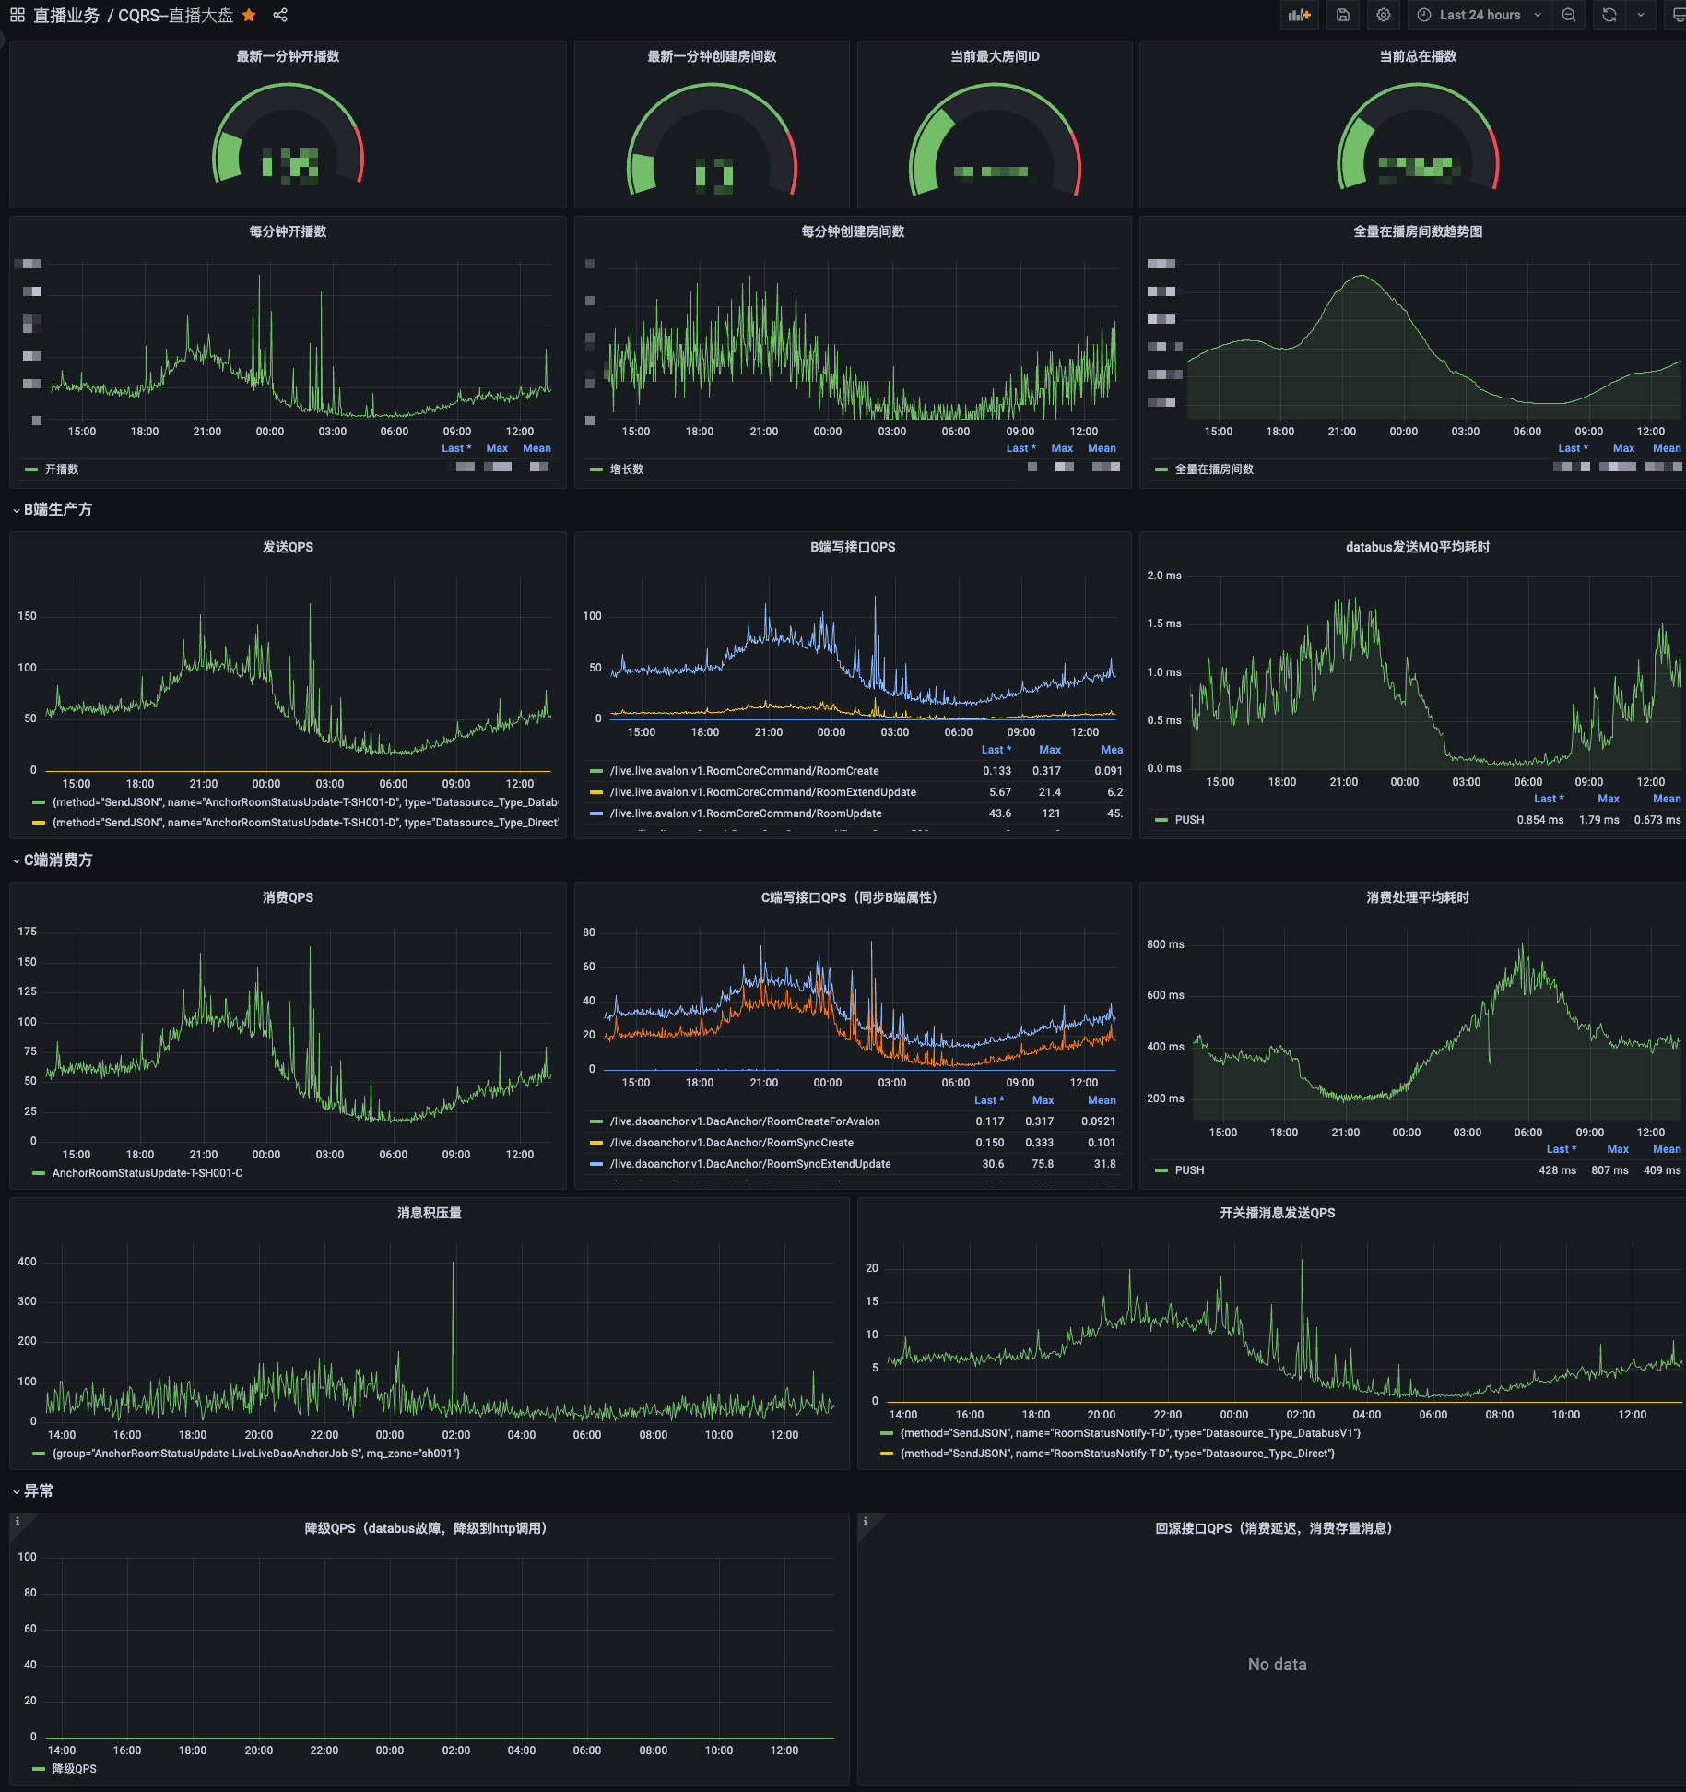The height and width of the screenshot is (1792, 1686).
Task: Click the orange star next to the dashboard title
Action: pyautogui.click(x=249, y=15)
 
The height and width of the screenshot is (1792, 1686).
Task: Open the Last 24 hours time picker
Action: pyautogui.click(x=1479, y=15)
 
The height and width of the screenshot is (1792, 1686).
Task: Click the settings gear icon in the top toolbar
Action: pyautogui.click(x=1383, y=15)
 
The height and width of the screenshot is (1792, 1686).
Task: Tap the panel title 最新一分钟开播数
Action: pyautogui.click(x=288, y=56)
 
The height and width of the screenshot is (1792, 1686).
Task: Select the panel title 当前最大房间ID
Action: pyautogui.click(x=995, y=56)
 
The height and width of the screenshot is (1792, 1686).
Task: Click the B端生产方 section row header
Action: pyautogui.click(x=57, y=509)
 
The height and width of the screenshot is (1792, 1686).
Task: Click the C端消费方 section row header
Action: pyautogui.click(x=57, y=860)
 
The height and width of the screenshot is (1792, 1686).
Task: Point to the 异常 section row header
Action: pyautogui.click(x=38, y=1490)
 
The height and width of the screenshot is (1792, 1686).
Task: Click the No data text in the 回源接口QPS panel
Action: pyautogui.click(x=1277, y=1664)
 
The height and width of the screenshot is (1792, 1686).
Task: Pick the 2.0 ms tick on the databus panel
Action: pyautogui.click(x=1163, y=576)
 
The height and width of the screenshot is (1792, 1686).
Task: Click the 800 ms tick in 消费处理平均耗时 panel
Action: pyautogui.click(x=1165, y=944)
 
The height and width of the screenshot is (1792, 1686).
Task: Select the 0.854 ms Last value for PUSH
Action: pyautogui.click(x=1539, y=820)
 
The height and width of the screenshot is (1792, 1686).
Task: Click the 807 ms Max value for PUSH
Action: pyautogui.click(x=1609, y=1170)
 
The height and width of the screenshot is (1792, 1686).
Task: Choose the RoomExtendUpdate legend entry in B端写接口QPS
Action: pyautogui.click(x=762, y=792)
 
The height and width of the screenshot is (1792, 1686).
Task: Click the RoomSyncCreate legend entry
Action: pyautogui.click(x=731, y=1143)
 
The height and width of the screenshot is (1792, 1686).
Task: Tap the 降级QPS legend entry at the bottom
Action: pyautogui.click(x=74, y=1769)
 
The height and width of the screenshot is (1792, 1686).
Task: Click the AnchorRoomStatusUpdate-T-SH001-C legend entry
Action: pyautogui.click(x=147, y=1173)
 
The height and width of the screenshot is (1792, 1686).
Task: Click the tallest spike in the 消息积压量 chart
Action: pyautogui.click(x=453, y=1265)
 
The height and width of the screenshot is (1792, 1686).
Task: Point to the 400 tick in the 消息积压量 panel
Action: pyautogui.click(x=28, y=1262)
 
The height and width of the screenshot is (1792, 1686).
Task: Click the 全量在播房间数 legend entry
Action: pyautogui.click(x=1213, y=469)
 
